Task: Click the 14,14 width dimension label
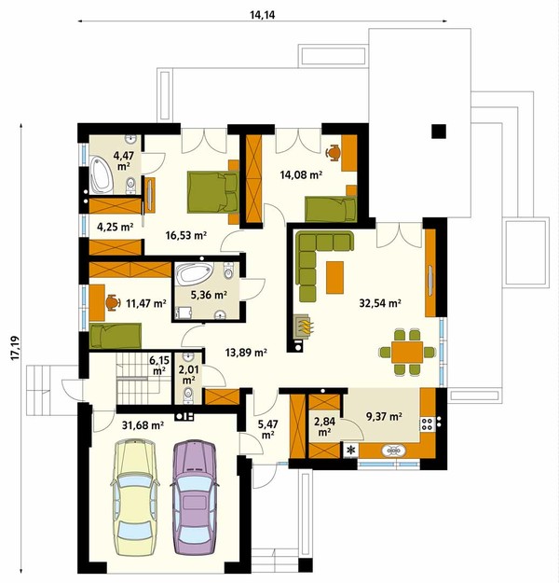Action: click(262, 15)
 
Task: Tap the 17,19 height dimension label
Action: click(15, 348)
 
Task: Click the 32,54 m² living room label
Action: click(380, 303)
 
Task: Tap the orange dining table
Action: click(407, 352)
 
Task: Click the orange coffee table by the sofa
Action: click(334, 277)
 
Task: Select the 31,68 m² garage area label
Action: click(143, 425)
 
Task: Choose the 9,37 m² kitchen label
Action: click(384, 416)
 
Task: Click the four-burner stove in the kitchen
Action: click(428, 423)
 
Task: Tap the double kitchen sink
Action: click(393, 451)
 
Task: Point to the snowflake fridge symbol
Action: click(350, 451)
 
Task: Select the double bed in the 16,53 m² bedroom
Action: click(212, 192)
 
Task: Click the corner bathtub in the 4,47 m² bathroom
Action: click(101, 174)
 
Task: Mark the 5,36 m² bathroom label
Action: click(209, 295)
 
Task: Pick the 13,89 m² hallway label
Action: click(246, 352)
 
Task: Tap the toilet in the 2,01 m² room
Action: click(189, 395)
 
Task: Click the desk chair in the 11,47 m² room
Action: click(112, 302)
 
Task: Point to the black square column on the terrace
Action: click(439, 132)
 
